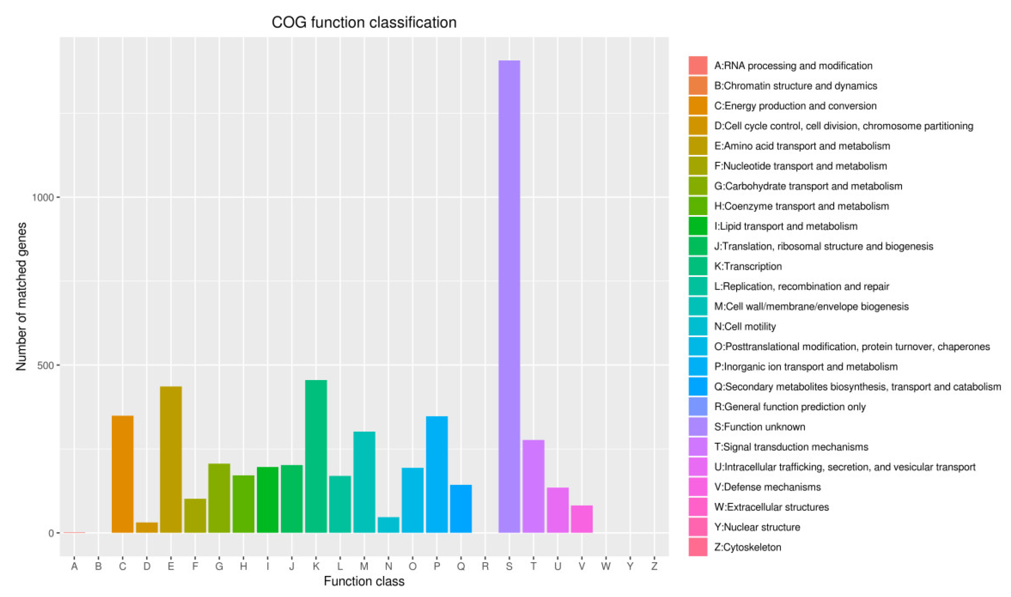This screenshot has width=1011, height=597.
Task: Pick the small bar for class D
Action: (146, 527)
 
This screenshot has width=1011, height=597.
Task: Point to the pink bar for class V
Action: (582, 519)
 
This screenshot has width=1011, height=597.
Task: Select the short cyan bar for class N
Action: (388, 525)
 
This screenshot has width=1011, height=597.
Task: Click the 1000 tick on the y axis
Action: (42, 197)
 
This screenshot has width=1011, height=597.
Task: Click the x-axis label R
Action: (485, 566)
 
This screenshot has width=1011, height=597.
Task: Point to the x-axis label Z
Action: (654, 566)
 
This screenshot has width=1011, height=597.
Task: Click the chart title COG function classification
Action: (364, 23)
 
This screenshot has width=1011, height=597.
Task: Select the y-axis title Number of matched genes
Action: (21, 297)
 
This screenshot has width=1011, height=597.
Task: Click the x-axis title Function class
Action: (364, 581)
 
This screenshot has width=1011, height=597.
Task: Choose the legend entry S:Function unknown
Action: (760, 427)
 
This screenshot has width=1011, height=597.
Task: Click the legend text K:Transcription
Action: (748, 266)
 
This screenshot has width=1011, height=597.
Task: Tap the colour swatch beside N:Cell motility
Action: (698, 326)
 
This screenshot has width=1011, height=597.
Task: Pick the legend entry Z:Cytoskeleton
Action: (747, 547)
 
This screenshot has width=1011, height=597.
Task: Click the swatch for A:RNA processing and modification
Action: (698, 65)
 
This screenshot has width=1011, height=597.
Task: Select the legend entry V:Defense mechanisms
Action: (767, 487)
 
